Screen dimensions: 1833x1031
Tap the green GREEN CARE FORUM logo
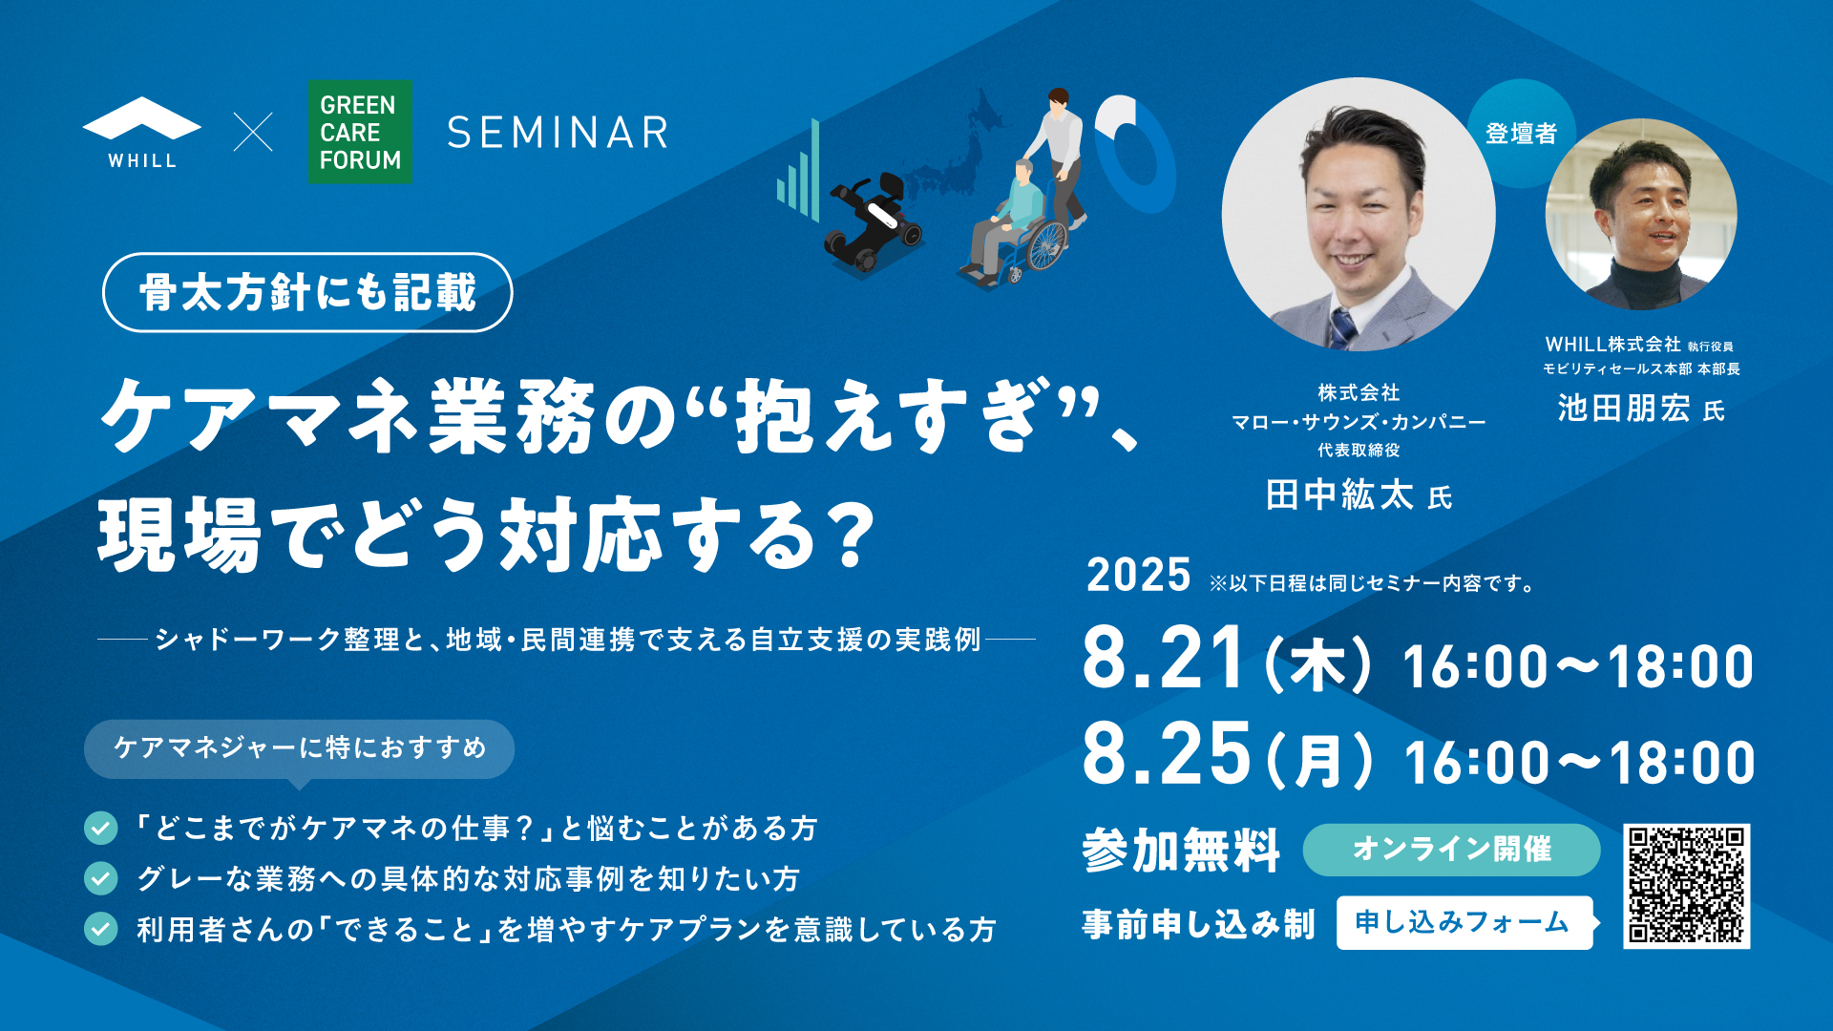point(360,132)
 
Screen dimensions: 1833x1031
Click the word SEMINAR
point(558,133)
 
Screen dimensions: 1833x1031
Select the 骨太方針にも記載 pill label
point(307,292)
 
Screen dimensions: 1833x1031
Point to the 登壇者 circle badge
point(1521,133)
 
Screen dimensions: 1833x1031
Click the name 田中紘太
point(1339,494)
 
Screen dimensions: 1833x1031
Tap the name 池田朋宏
point(1624,409)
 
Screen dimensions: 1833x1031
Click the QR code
point(1687,886)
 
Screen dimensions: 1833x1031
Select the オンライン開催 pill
point(1451,850)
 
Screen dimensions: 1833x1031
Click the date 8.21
point(1164,658)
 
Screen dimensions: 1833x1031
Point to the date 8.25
point(1166,753)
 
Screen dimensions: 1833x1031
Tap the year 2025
point(1138,576)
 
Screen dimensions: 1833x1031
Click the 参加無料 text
point(1181,850)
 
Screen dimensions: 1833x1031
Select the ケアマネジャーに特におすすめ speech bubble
point(299,748)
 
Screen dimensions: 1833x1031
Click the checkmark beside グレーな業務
point(100,878)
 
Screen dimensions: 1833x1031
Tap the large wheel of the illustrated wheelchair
point(1046,245)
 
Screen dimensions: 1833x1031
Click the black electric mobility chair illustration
point(873,222)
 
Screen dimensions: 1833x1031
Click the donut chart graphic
point(1136,153)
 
